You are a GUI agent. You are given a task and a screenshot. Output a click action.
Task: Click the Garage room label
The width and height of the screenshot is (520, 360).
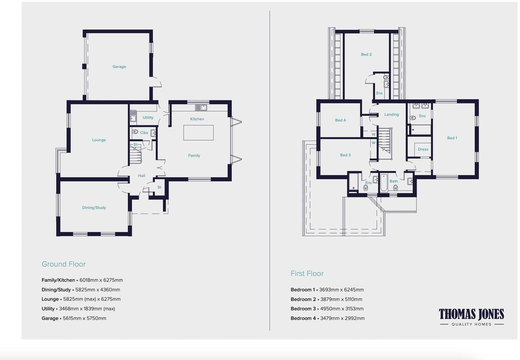(119, 67)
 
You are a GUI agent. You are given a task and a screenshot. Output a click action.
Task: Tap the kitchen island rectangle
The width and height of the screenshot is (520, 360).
(199, 133)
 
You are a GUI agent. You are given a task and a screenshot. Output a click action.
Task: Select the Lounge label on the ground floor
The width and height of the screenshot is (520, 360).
(99, 140)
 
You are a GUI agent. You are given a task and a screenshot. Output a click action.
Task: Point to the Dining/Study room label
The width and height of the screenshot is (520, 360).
(94, 207)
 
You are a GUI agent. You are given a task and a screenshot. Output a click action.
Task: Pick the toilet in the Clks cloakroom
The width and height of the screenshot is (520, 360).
(135, 132)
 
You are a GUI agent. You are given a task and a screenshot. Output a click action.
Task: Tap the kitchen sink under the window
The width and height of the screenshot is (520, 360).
(201, 108)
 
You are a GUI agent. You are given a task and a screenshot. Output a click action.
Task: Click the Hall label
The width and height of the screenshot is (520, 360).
(142, 176)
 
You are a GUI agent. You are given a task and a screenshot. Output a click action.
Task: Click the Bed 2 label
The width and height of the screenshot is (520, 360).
(366, 54)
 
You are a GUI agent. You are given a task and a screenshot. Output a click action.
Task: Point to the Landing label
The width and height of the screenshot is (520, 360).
(392, 115)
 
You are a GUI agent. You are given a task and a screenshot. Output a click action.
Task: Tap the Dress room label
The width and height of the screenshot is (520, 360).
(423, 149)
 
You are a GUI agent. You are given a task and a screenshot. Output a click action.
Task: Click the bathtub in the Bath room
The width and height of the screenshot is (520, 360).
(384, 183)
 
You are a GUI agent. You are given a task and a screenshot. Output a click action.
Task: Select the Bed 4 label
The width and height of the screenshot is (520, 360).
(340, 120)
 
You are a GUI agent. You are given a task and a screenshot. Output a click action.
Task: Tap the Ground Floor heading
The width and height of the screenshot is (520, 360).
(64, 264)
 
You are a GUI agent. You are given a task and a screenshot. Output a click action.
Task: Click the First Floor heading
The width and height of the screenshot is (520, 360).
(307, 274)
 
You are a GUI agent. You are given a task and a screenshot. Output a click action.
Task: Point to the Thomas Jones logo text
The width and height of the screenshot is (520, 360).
(471, 314)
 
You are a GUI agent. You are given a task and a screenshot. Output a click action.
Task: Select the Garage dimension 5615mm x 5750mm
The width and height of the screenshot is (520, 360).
(85, 318)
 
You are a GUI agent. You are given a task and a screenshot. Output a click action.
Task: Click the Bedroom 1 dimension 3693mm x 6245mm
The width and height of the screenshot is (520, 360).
(341, 290)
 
